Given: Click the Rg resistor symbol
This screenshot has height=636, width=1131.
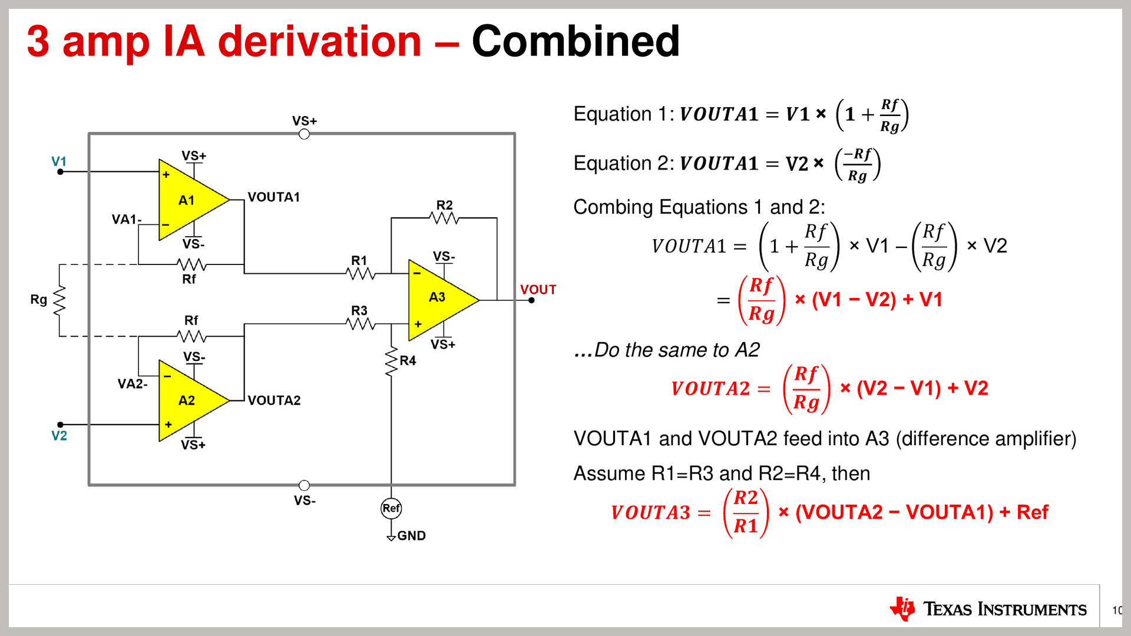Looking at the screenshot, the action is pos(59,300).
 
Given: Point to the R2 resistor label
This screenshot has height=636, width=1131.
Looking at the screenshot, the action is pos(445,205).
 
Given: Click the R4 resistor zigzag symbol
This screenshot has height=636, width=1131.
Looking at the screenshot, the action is pos(391,362).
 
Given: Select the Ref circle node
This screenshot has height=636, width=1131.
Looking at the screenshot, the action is pos(391,508).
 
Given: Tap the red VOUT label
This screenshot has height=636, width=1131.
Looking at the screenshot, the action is pos(538,290).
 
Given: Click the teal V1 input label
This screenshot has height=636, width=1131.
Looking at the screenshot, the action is pos(59,161).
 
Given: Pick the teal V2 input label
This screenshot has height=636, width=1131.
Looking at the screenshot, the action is pos(59,436).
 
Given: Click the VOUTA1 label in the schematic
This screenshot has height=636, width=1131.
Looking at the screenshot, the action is pos(274,197).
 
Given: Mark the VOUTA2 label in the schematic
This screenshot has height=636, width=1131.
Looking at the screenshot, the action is pos(274,400).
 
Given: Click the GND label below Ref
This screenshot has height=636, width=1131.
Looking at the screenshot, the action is pos(412,536).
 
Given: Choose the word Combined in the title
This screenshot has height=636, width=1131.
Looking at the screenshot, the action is pos(576,41).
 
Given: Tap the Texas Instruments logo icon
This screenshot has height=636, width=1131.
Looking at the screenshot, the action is pos(902,609).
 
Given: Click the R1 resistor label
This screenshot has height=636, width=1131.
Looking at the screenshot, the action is pos(359,260).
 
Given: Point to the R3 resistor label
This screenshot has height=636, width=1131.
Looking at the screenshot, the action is pos(359,310).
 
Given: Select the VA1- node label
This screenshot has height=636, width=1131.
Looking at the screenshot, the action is pos(127,220).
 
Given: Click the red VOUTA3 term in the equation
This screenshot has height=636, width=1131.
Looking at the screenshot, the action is pos(650,513).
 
